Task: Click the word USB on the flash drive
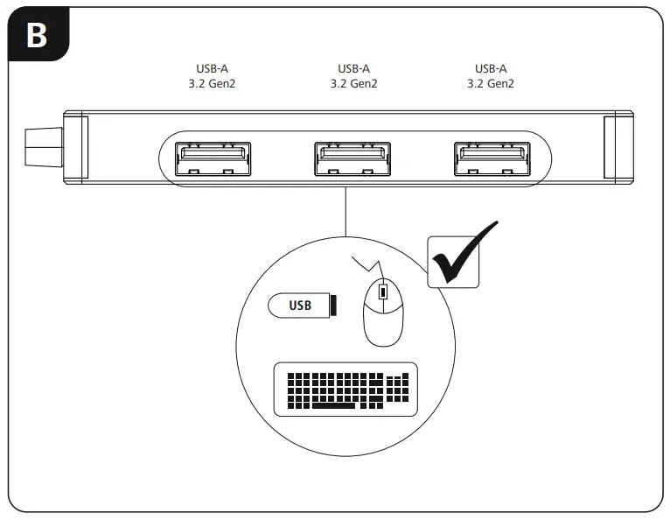point(300,306)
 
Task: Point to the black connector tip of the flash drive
point(333,306)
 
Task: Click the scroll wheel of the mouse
point(381,293)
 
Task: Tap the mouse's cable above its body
point(366,264)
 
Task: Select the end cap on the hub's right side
point(618,146)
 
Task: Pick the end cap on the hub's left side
point(77,146)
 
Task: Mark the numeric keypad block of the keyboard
point(398,390)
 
